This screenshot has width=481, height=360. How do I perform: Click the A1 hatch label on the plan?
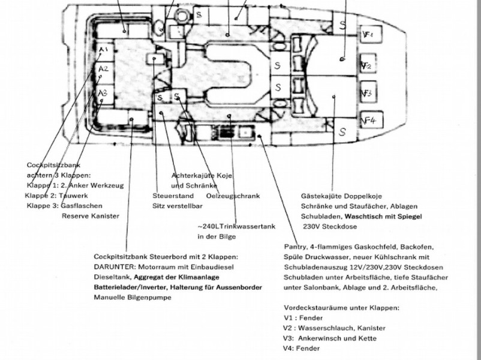104,49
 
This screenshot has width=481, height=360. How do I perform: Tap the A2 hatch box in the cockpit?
104,71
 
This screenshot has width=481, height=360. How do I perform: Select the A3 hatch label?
103,92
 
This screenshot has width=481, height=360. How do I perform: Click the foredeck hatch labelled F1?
371,34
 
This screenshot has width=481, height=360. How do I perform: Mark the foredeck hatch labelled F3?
368,92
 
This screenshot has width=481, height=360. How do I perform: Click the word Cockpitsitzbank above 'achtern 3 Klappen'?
53,165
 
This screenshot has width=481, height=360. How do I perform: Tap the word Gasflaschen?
82,206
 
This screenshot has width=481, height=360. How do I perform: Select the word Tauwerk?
73,196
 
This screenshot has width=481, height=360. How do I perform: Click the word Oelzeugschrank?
233,196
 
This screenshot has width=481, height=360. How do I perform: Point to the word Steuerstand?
173,196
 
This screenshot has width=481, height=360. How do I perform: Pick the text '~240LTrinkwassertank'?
236,226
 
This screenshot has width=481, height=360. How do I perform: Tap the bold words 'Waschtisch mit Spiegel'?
383,217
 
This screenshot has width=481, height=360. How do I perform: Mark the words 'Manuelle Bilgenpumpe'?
133,298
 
